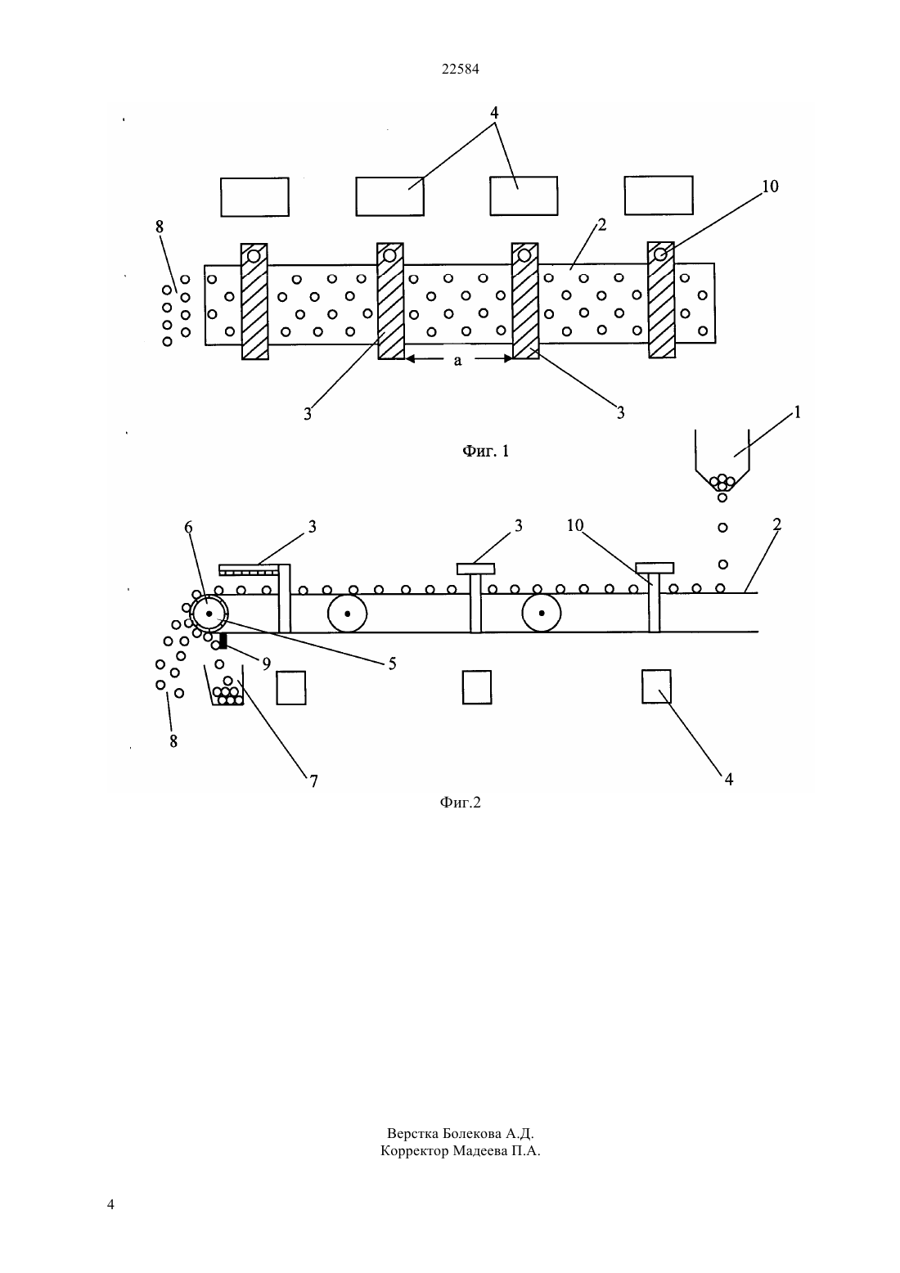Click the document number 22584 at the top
tap(460, 69)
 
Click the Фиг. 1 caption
tap(486, 452)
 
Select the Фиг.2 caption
tap(460, 802)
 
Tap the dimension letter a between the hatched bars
tap(458, 360)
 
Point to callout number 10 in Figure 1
tap(770, 186)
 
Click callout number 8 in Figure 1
tap(160, 227)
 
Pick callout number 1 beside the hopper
tap(797, 412)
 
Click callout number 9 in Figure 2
tap(267, 663)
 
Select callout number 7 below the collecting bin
tap(313, 780)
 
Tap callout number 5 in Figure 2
tap(392, 663)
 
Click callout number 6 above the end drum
tap(189, 528)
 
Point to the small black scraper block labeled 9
tap(223, 641)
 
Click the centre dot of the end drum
tap(209, 614)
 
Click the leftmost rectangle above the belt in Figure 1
tap(254, 196)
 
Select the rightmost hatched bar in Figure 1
tap(661, 300)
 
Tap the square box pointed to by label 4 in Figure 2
tap(656, 686)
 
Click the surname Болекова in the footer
tap(472, 1133)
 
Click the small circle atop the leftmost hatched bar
tap(254, 256)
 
